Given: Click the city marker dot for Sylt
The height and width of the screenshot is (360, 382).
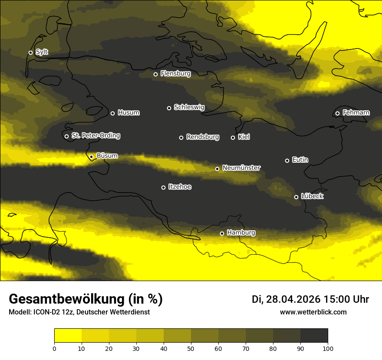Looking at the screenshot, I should pos(30,52).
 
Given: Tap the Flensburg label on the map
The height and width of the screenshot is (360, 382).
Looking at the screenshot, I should pos(175,74).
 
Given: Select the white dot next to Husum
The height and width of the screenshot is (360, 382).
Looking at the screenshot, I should pos(112,113).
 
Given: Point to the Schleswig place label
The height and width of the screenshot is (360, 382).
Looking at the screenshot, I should pos(189,107).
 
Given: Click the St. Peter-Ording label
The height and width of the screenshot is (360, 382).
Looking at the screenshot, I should pos(95,136).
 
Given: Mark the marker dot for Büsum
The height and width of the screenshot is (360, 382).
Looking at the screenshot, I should pos(91,157).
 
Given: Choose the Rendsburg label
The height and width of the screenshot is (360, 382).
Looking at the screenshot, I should pos(202,137).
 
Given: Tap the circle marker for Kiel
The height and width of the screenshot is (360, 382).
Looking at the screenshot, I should pos(233,137).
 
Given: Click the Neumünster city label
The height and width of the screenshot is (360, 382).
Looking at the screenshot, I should pos(241,168).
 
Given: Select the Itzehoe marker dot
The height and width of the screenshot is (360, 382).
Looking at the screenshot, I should pos(163,187).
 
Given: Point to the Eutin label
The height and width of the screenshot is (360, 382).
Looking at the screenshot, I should pos(300,160).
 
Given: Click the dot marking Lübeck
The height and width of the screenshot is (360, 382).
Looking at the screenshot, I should pos(296,197).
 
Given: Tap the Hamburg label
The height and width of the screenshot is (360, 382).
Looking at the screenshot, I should pos(241,233).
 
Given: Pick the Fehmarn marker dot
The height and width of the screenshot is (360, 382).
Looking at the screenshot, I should pos(337,114).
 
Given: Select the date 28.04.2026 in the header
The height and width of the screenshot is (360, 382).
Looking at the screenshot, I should pos(293,299).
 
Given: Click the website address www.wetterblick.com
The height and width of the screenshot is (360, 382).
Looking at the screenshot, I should pos(313,312).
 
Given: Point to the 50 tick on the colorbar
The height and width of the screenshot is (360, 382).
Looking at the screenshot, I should pos(191,348).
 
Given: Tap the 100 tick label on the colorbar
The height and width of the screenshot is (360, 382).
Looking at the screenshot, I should pos(328,348).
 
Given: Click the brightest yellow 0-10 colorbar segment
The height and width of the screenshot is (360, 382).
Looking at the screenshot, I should pos(68,336).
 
